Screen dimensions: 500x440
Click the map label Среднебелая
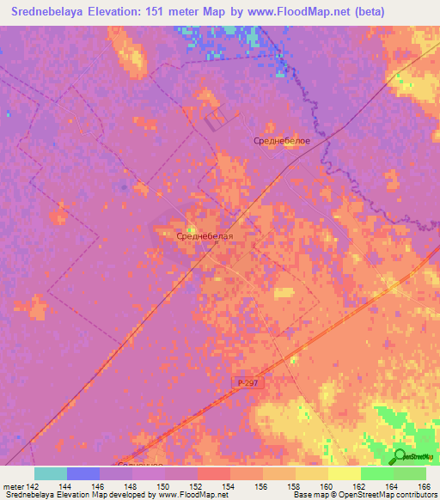[x=205, y=234]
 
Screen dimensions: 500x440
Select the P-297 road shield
[x=247, y=381]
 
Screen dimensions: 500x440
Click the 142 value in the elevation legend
[x=34, y=485]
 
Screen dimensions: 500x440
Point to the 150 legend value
[x=164, y=485]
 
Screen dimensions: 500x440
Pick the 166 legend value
[x=425, y=485]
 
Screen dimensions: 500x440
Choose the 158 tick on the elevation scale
[x=295, y=485]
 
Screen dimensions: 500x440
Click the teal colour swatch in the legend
[x=51, y=473]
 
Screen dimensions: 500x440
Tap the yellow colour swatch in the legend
[x=344, y=473]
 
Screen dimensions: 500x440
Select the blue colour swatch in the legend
[x=83, y=473]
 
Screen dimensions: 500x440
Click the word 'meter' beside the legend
[x=13, y=485]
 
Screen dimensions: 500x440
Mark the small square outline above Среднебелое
[x=213, y=119]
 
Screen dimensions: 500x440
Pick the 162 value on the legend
[x=360, y=485]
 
